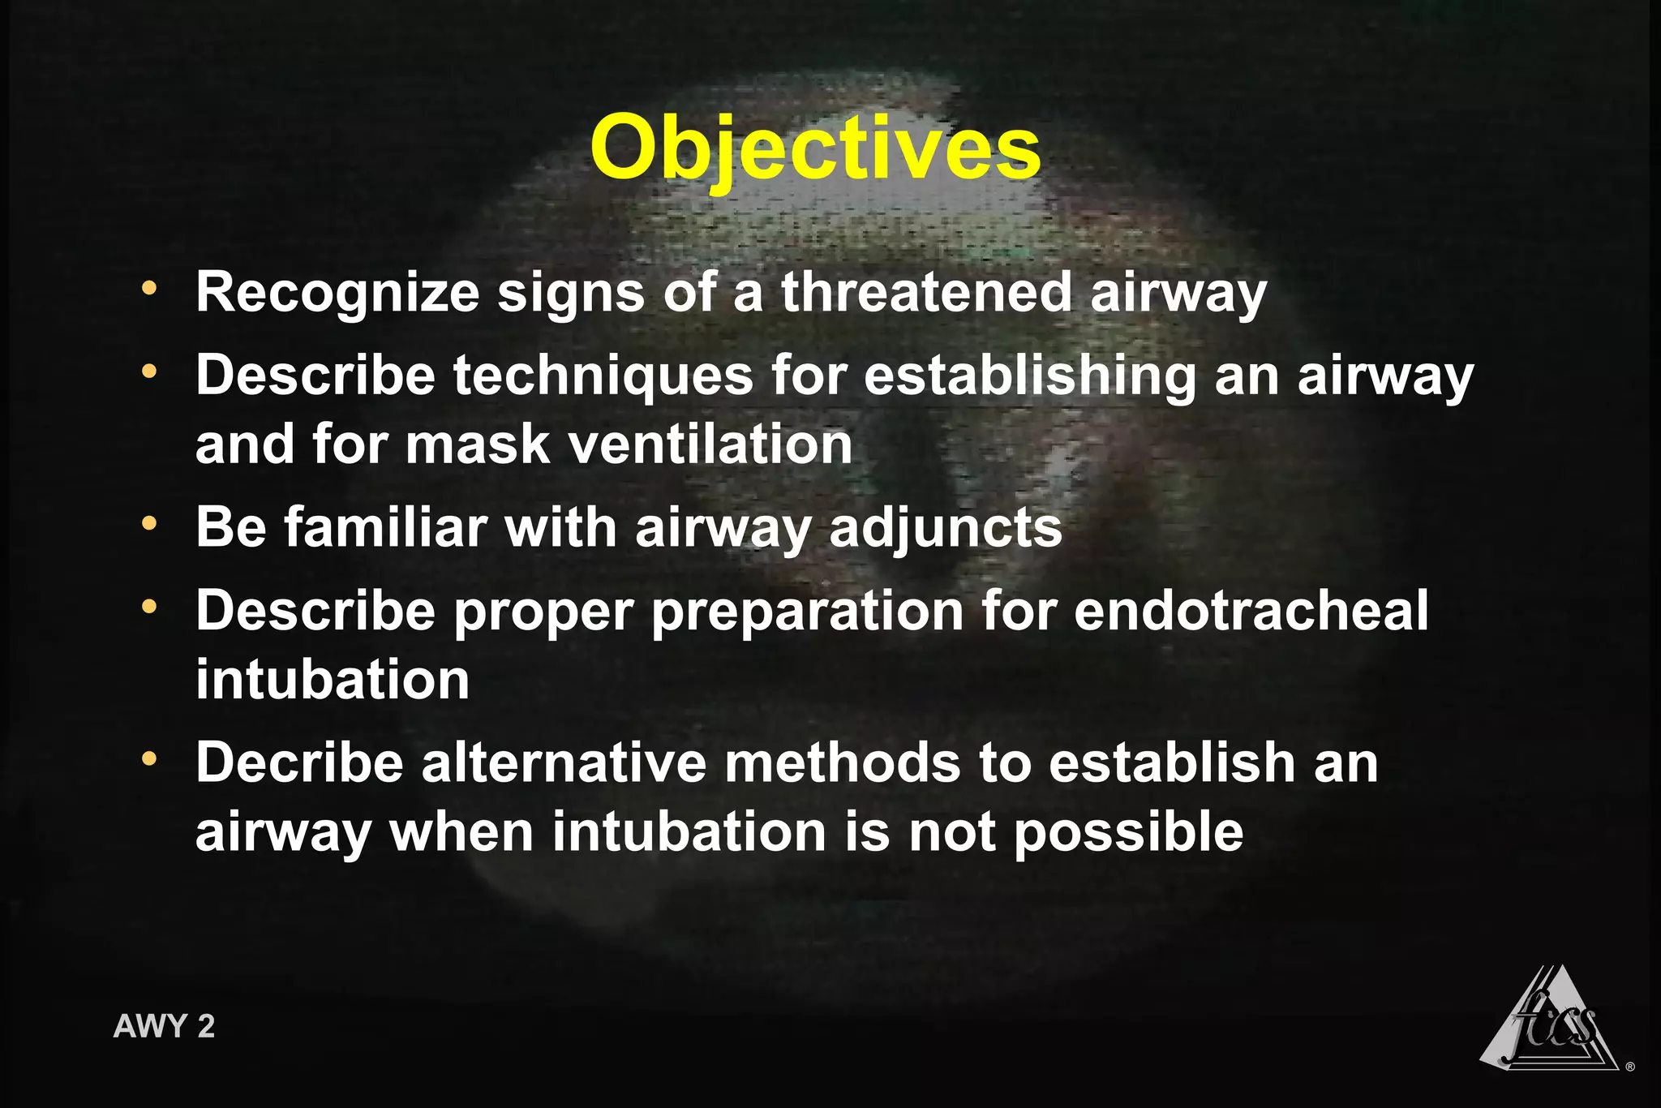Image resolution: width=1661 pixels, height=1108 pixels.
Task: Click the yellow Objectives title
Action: [x=814, y=149]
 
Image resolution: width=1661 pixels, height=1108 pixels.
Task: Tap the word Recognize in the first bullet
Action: [x=337, y=293]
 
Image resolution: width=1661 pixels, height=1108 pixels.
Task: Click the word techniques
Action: [x=603, y=376]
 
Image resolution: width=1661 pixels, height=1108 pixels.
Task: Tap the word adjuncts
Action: [x=945, y=529]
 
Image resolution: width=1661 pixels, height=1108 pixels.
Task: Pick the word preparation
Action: [x=807, y=613]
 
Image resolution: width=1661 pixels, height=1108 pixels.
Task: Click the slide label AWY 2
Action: [x=164, y=1026]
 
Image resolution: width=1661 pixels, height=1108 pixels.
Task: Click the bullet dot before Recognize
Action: [x=148, y=288]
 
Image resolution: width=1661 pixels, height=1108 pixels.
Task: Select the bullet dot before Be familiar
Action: [x=148, y=523]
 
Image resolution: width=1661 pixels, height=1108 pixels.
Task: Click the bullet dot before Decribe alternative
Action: [x=148, y=759]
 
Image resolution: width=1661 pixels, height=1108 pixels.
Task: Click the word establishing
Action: [x=1029, y=376]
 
